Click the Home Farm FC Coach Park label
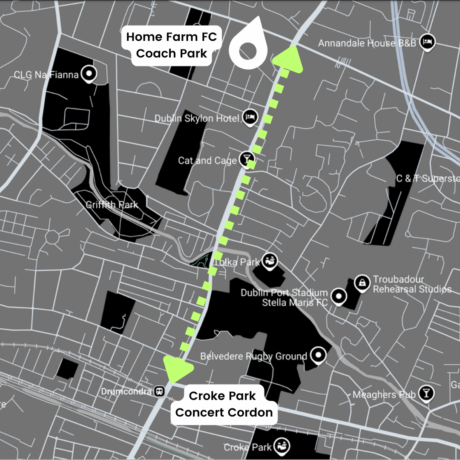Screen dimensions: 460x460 click(172, 45)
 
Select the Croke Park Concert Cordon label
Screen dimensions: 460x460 click(224, 404)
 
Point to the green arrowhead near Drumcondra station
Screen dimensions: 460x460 click(177, 369)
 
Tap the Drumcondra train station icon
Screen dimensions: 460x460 click(160, 391)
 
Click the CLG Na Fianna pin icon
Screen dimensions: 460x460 click(89, 75)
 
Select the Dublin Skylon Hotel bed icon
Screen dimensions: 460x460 click(250, 117)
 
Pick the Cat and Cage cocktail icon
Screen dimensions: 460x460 click(246, 159)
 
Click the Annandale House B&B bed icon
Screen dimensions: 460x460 click(427, 42)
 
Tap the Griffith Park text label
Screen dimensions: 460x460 click(112, 205)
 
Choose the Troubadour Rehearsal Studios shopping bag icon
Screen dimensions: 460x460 click(362, 283)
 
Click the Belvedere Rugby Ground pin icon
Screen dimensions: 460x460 click(318, 354)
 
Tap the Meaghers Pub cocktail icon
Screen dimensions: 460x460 click(425, 394)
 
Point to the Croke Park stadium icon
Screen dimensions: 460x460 click(282, 446)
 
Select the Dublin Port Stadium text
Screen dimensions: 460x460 click(284, 293)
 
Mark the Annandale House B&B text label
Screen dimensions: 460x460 click(367, 43)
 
